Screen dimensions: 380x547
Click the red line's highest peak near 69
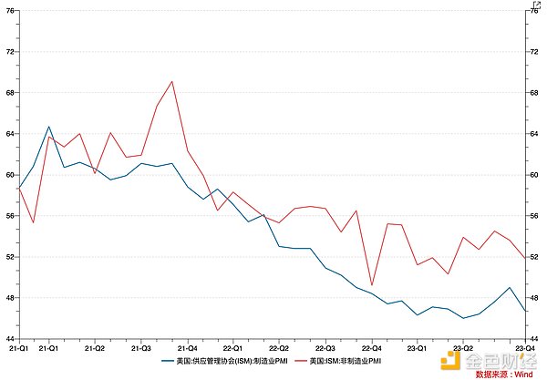point(172,81)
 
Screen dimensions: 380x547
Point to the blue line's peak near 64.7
point(49,127)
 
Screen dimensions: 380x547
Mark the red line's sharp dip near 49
point(372,285)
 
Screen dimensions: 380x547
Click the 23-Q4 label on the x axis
point(526,348)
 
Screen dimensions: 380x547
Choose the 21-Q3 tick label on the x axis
point(141,348)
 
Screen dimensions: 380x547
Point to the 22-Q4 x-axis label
point(372,348)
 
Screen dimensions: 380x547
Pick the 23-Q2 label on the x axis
point(462,348)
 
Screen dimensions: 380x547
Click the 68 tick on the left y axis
point(9,92)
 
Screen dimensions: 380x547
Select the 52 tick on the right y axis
point(536,257)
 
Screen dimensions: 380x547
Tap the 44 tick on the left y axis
point(9,339)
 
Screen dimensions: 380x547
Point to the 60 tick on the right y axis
point(536,174)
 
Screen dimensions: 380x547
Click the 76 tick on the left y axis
point(9,10)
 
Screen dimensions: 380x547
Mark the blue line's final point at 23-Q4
point(525,312)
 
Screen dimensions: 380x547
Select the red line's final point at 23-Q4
point(525,259)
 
